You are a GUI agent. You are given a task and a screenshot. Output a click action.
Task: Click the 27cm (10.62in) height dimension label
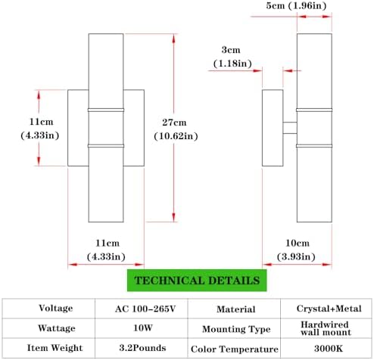176,129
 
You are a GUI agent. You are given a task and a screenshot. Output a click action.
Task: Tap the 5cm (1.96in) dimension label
296,5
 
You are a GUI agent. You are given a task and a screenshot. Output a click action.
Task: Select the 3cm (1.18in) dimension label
232,57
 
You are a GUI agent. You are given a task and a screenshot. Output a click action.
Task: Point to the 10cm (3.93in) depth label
296,250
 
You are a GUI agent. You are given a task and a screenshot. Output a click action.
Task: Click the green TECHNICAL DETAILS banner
197,281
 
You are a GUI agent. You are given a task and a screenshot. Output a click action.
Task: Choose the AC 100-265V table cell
142,309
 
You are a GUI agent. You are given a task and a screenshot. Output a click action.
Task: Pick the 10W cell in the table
142,328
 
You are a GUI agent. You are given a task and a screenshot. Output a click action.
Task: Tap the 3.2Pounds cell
142,348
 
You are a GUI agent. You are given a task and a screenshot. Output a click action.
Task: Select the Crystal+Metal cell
326,309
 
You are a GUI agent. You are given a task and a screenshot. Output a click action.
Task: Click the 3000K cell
326,348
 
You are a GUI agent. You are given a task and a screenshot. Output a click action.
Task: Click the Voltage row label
56,308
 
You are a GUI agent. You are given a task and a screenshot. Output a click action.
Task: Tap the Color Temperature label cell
234,349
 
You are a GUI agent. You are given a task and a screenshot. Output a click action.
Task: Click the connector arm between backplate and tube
290,128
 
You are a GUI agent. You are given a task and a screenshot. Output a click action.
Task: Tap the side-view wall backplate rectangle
273,128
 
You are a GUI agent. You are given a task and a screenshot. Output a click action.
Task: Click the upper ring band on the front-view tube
106,110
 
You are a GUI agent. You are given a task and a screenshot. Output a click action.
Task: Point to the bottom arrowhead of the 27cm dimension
173,217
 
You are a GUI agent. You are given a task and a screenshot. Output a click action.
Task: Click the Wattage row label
56,328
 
